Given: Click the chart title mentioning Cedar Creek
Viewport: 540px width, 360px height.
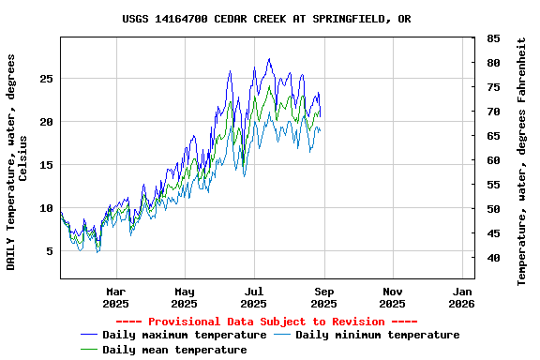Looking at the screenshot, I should point(266,19).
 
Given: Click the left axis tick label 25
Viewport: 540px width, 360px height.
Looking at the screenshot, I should point(45,79).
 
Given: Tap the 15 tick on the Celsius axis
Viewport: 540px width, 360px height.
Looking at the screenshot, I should point(45,165).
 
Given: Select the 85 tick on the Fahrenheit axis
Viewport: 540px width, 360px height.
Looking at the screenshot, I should point(493,38).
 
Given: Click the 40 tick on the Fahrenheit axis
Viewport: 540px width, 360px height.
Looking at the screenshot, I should point(493,258).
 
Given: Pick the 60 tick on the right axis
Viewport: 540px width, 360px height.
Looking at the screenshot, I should point(493,160).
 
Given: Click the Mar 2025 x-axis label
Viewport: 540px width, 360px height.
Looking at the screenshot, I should point(115,297).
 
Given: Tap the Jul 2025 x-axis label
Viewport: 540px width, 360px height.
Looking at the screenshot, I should point(254,297).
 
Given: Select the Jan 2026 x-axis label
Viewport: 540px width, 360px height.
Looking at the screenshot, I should point(461,297).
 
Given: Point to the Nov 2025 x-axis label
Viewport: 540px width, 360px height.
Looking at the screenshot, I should point(393,297).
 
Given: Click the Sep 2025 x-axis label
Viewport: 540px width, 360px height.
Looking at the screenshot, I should point(323,297).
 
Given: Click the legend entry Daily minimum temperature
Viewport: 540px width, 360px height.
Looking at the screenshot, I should point(377,335).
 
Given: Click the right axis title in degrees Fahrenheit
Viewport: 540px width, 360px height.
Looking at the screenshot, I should point(522,161).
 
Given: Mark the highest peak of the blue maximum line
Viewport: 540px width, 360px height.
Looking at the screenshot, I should point(269,59).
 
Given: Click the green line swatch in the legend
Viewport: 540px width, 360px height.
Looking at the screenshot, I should point(89,350).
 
